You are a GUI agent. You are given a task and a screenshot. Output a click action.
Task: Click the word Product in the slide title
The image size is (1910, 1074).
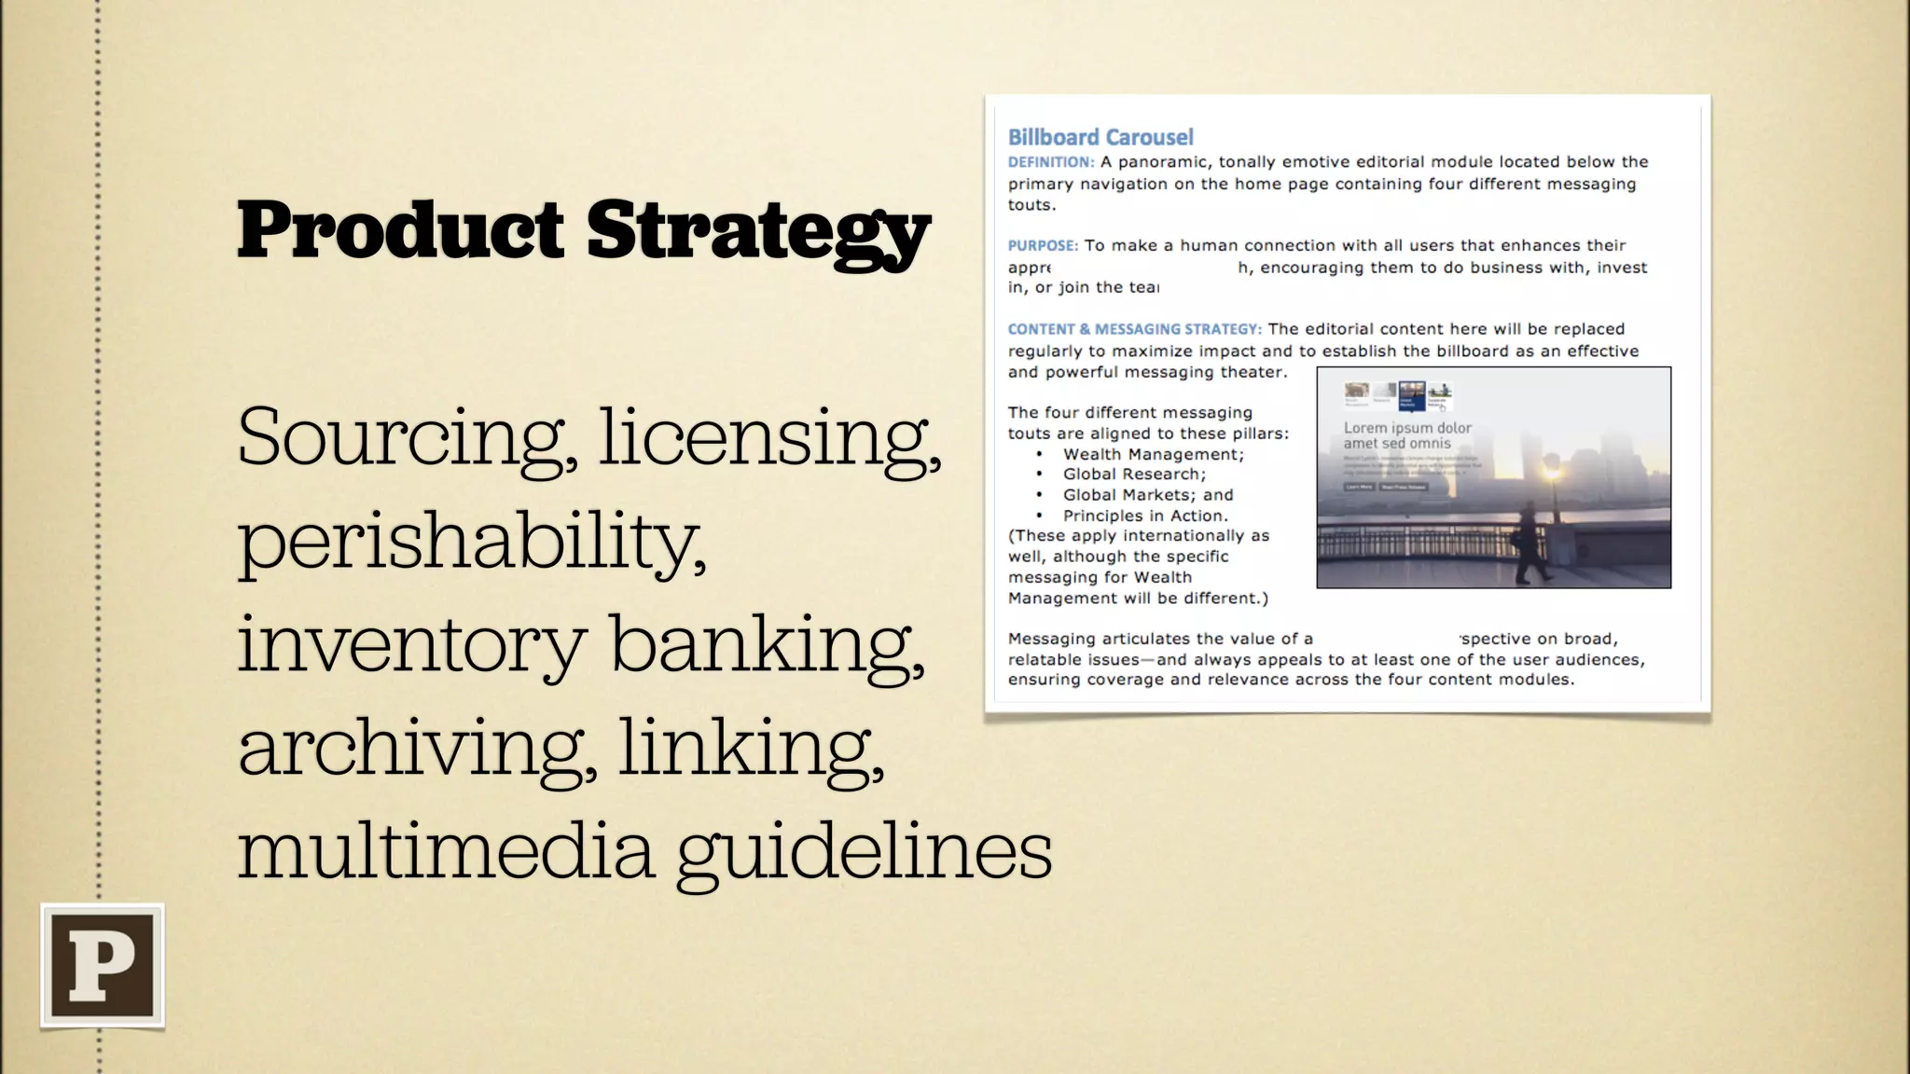401,230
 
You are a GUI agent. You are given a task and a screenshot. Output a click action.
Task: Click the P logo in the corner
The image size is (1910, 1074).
103,965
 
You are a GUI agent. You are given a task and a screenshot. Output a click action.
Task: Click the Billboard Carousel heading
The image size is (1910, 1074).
1100,138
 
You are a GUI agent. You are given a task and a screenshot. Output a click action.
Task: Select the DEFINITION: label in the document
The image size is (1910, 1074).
1051,162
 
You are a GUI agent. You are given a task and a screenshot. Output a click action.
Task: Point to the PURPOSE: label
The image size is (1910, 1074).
1043,246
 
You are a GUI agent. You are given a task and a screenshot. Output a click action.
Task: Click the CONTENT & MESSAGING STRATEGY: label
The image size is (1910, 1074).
1134,329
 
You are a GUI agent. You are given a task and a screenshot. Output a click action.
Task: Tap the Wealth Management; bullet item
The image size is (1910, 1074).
1154,454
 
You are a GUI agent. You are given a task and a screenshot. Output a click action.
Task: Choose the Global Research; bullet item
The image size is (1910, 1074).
1134,475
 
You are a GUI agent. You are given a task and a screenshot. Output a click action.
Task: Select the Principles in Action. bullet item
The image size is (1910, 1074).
1145,516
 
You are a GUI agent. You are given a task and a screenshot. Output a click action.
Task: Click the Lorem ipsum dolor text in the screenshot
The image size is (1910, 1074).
1407,428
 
